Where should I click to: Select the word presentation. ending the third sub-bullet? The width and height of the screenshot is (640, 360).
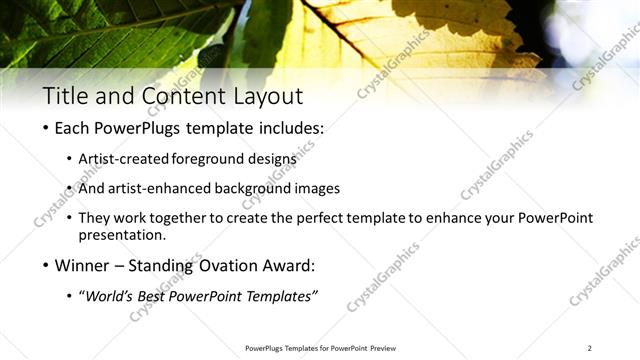122,236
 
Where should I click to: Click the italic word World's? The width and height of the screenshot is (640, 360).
114,295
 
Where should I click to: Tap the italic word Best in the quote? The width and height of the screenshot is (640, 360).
158,295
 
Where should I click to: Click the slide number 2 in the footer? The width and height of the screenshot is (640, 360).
589,348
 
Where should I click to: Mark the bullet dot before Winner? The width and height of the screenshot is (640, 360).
46,267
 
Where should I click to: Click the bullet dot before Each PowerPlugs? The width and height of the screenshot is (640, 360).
46,131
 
